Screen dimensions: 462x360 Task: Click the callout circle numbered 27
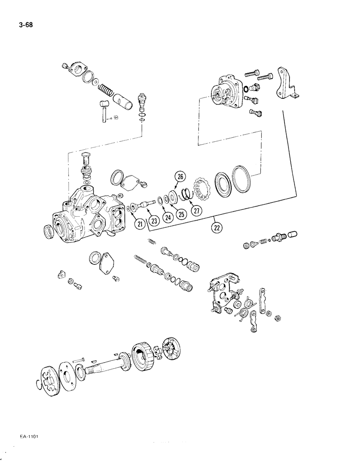198,211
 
